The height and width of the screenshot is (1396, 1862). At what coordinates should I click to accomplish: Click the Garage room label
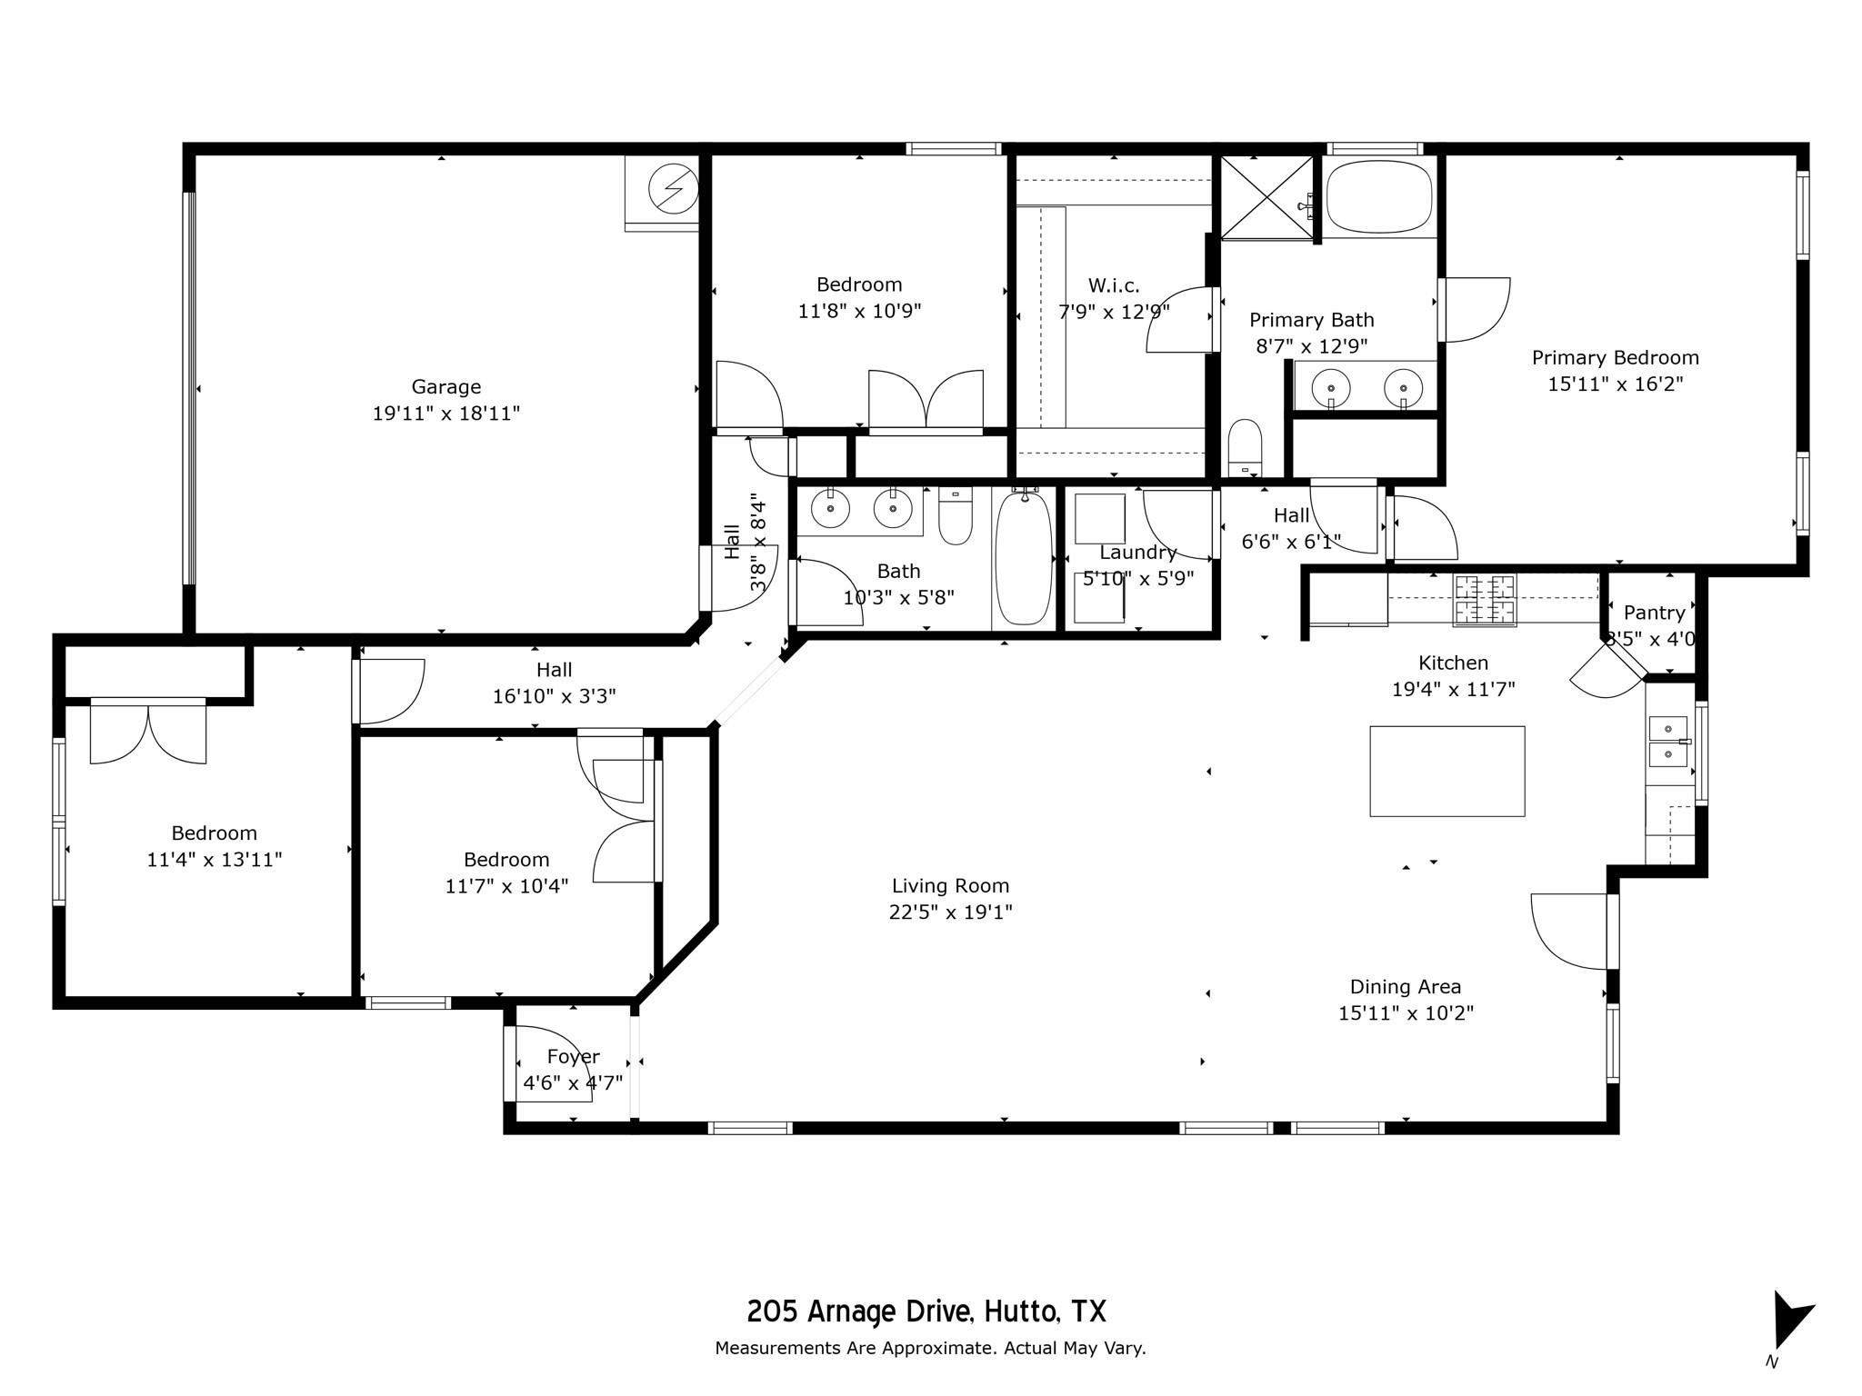click(445, 387)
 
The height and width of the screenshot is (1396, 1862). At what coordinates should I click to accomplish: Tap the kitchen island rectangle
click(1447, 771)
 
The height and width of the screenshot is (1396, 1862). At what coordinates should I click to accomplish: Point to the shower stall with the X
click(1266, 197)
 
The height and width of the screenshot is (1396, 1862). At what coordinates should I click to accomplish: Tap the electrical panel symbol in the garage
click(673, 190)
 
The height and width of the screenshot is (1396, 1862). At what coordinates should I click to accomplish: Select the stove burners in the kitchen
click(1484, 600)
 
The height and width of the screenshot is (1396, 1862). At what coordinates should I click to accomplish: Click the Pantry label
click(1654, 613)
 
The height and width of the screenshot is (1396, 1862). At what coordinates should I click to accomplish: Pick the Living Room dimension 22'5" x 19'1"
click(950, 912)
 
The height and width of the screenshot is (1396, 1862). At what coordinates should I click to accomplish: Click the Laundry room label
click(1137, 553)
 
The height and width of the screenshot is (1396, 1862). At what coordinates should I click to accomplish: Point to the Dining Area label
click(1405, 986)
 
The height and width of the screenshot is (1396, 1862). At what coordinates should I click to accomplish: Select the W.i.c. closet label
click(1113, 285)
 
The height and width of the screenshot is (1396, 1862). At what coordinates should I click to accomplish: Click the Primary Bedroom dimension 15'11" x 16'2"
click(1615, 384)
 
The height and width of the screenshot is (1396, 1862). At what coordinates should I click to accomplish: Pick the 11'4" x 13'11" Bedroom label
click(214, 833)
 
